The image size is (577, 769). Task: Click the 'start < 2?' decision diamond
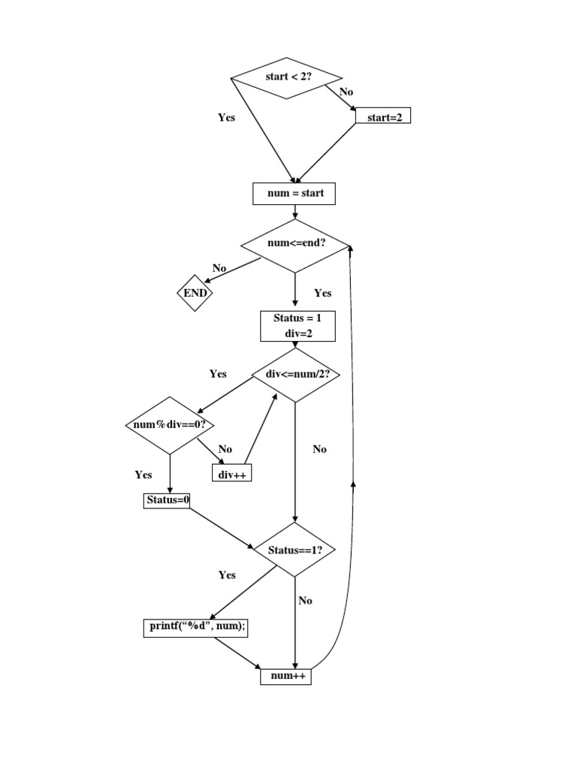point(286,77)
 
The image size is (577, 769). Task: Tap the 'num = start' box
point(294,194)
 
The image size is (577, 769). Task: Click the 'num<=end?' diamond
point(295,245)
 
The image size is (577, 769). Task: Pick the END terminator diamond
point(195,293)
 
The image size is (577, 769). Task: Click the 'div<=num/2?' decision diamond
point(295,374)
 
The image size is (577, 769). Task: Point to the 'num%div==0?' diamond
point(170,425)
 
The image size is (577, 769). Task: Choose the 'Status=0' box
point(166,500)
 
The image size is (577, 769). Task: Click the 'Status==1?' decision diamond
point(295,550)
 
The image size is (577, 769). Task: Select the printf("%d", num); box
point(195,628)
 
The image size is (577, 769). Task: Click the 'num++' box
point(285,677)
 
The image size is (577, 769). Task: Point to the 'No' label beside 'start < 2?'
point(346,92)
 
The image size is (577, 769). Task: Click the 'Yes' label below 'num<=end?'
point(322,293)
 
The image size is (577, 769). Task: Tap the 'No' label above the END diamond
point(219,268)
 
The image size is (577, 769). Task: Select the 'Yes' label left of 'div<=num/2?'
point(218,373)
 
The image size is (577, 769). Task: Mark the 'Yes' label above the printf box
point(227,574)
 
